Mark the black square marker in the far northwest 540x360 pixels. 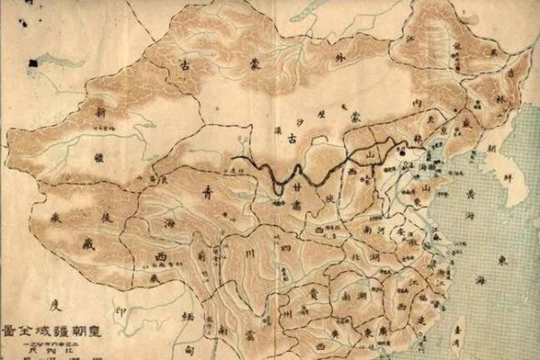tap(33, 62)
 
